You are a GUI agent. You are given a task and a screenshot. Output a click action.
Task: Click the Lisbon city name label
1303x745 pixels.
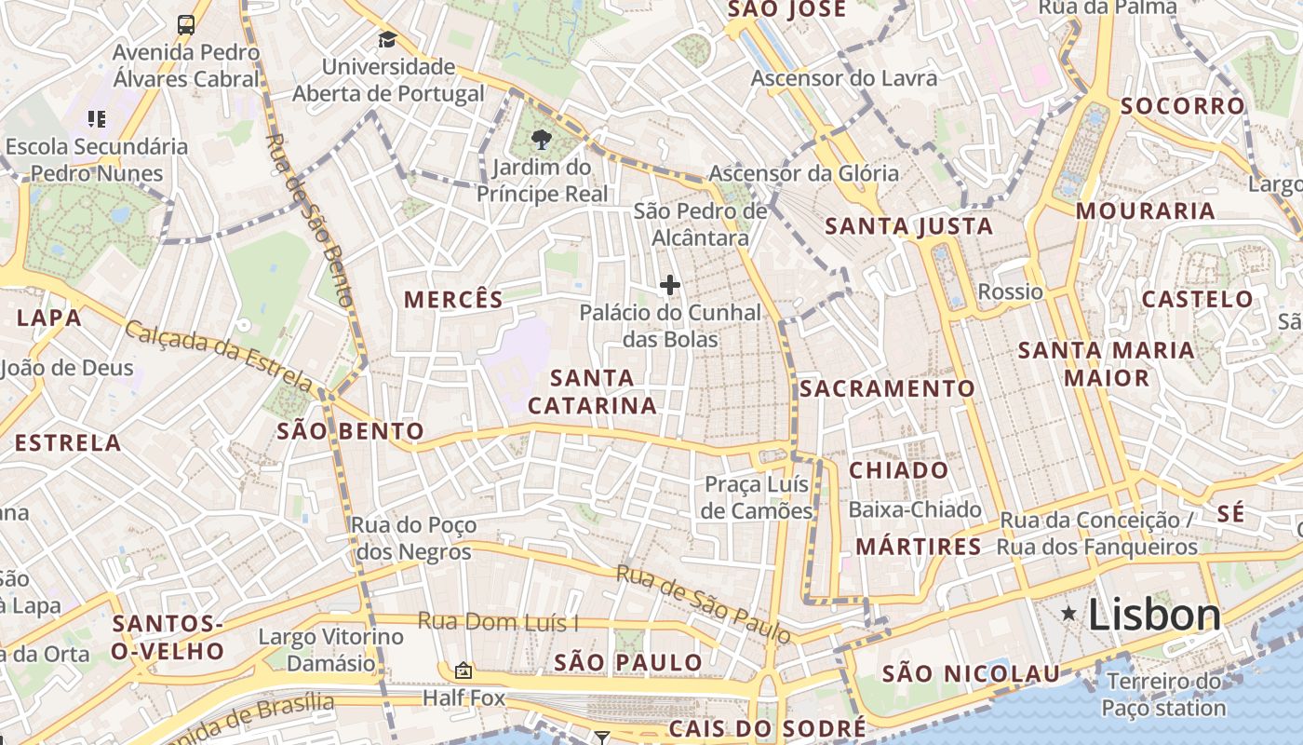click(1154, 616)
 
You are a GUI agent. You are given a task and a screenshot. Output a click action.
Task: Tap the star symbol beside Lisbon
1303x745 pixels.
click(1069, 613)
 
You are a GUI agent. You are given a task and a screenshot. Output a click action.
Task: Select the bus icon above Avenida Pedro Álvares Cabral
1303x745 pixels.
click(186, 24)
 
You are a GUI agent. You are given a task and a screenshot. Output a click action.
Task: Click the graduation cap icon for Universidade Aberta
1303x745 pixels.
click(387, 40)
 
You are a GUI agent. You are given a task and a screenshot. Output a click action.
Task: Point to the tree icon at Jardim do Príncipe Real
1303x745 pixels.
click(541, 141)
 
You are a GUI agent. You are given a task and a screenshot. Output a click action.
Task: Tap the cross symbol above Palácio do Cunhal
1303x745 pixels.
click(669, 285)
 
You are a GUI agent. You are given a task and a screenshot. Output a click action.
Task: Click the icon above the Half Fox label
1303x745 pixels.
click(463, 670)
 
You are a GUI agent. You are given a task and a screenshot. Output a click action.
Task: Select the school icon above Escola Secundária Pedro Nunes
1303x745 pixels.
click(96, 118)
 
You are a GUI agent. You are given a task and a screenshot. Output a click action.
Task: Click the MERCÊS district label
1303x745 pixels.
click(453, 300)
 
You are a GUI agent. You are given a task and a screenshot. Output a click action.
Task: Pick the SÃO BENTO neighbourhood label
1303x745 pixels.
click(351, 431)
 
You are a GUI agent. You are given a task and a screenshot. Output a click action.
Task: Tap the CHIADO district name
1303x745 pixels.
click(898, 470)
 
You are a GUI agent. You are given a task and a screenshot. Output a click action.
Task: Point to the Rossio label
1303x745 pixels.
click(1010, 291)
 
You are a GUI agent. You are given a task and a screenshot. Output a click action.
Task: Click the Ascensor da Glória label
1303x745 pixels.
click(804, 173)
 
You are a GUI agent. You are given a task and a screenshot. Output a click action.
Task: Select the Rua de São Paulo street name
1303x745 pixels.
click(704, 603)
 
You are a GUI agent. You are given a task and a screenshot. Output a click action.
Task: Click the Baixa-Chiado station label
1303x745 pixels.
click(915, 509)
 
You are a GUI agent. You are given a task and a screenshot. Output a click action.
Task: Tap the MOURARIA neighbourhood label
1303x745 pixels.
click(1146, 210)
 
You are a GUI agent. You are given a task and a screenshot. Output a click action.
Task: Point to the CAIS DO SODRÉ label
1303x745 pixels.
click(768, 728)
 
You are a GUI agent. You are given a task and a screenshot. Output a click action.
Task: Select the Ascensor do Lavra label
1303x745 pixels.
click(844, 78)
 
